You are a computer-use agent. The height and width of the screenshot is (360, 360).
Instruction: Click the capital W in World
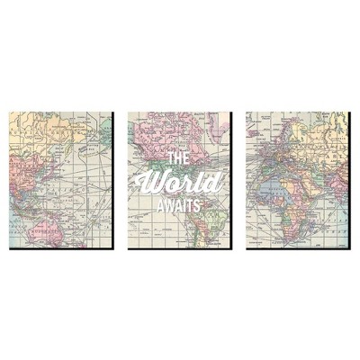pos(163,183)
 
